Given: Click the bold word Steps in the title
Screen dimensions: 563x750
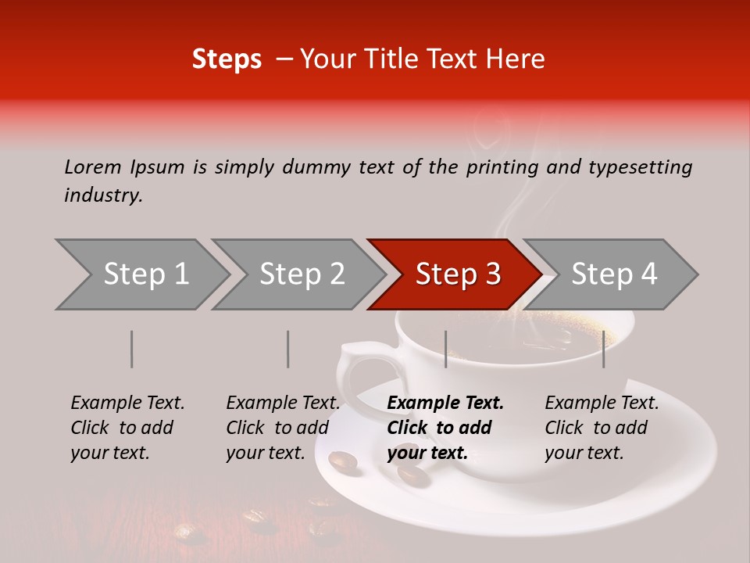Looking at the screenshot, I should (x=227, y=59).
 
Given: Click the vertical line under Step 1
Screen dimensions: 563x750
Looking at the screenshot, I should (x=132, y=349).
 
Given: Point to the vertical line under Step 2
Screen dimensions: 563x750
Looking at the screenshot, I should (x=288, y=349).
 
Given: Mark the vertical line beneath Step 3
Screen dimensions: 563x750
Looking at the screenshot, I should (x=445, y=349).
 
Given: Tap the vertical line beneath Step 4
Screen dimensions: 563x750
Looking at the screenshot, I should (x=603, y=349).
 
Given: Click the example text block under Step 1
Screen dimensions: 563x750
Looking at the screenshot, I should (x=127, y=428).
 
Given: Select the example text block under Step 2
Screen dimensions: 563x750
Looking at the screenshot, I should (x=283, y=428).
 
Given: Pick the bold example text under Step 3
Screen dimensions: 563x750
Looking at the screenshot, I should (x=445, y=428).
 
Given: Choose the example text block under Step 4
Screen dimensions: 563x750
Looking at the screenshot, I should (x=602, y=428).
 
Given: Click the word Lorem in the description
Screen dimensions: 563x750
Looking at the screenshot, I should (x=93, y=167).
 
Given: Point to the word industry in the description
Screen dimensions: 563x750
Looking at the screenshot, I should (x=103, y=195).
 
